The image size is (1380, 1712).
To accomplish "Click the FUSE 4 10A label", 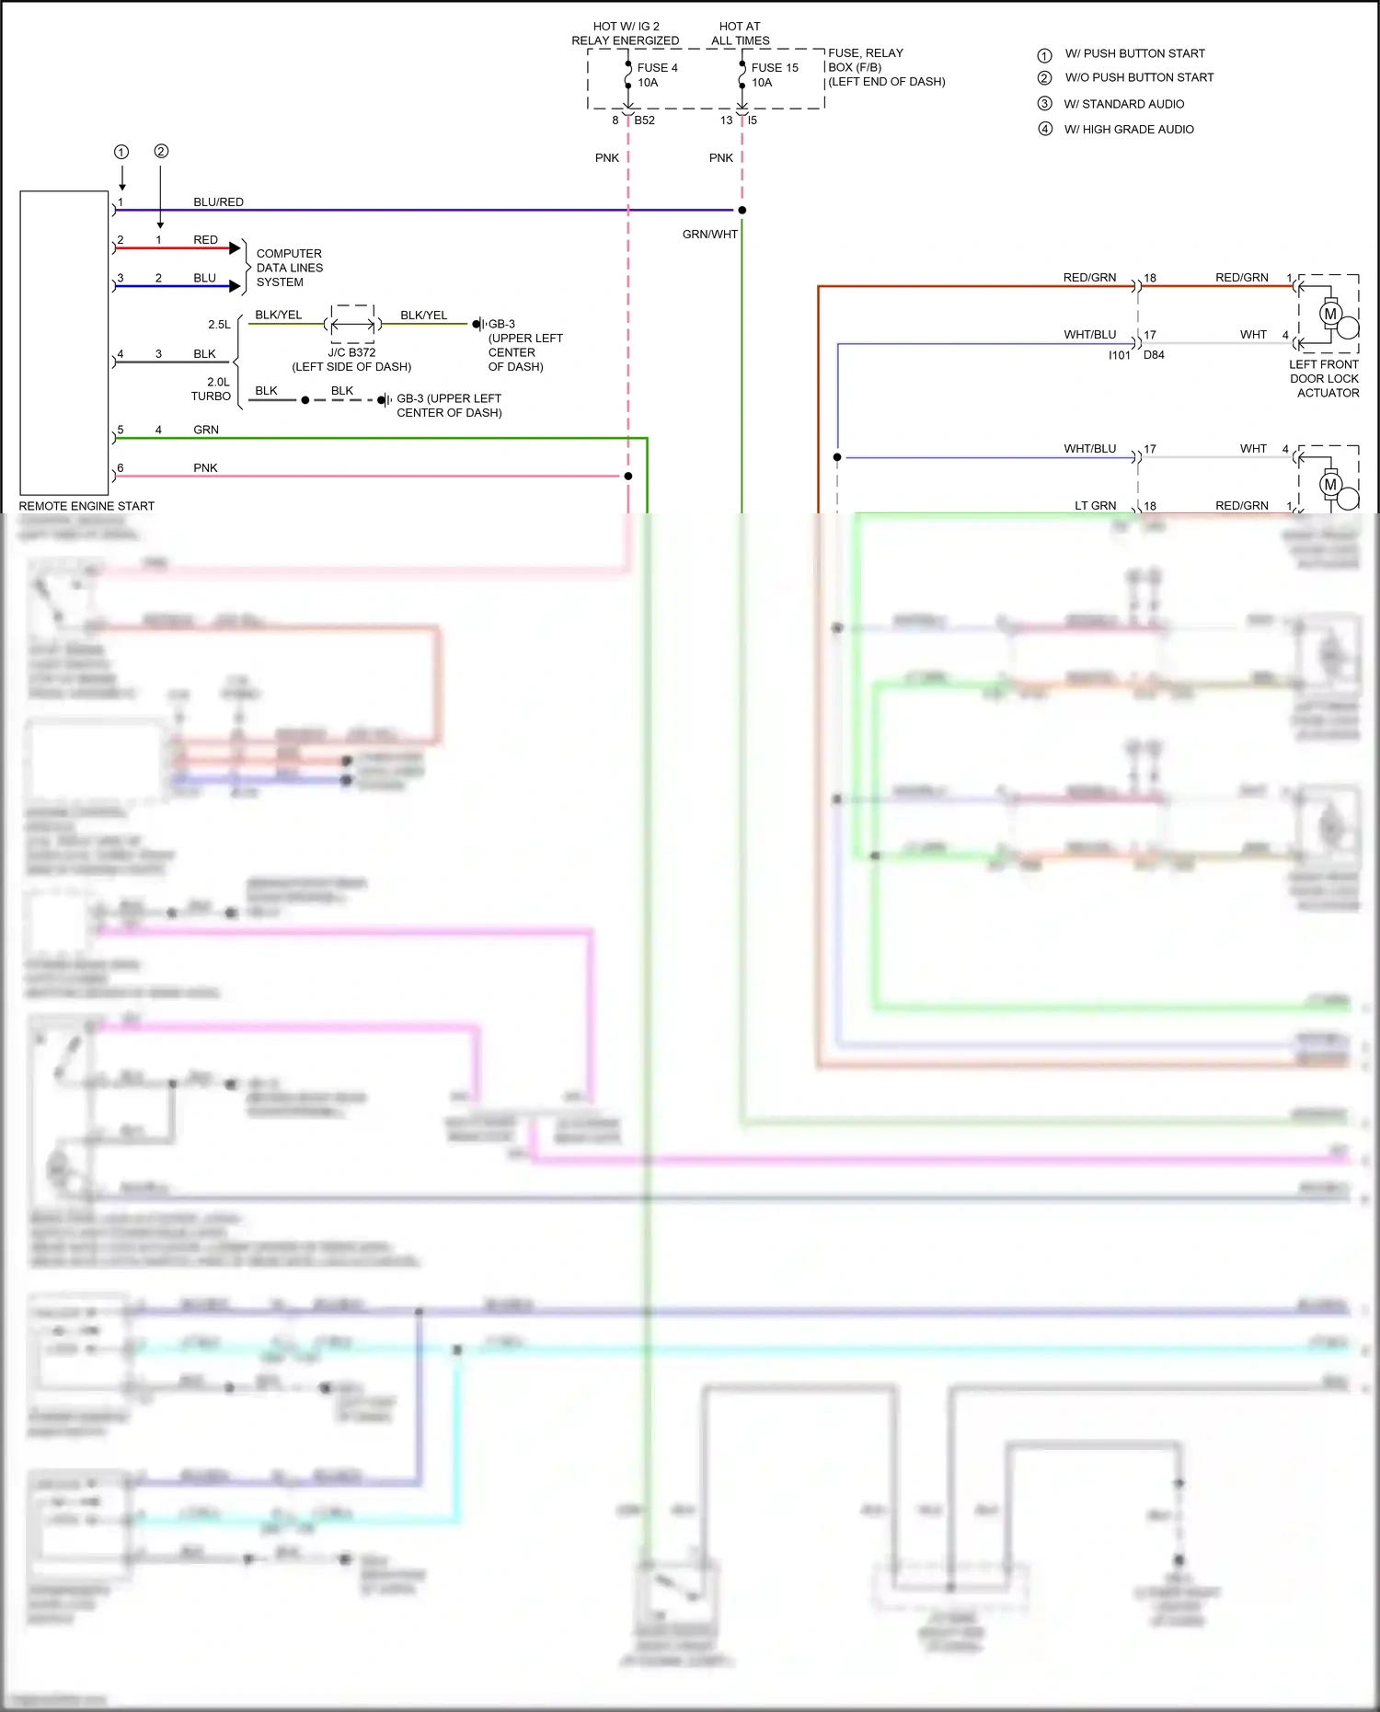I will (657, 75).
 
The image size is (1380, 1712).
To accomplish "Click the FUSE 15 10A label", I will (774, 75).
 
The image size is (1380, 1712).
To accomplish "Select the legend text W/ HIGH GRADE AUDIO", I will (1129, 130).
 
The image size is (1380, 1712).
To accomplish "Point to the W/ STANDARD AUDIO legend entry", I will (1124, 104).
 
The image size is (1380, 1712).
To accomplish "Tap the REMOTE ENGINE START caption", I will (86, 506).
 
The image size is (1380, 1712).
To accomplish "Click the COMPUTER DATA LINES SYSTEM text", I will (289, 268).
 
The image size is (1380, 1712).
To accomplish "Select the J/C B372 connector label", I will (351, 352).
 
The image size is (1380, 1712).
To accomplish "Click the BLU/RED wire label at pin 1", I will (218, 201).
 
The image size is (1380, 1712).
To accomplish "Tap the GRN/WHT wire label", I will (709, 235).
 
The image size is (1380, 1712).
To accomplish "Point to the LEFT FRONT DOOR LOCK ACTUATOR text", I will (1324, 379).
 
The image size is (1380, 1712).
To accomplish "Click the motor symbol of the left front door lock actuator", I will (1329, 314).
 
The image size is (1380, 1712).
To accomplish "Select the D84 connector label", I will (1154, 355).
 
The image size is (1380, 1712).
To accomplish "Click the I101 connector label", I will (1119, 355).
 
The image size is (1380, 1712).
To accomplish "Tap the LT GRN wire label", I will (1095, 506).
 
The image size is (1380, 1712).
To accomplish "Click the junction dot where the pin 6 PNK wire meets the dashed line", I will (628, 477).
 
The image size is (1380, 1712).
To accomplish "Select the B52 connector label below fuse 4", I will (644, 121).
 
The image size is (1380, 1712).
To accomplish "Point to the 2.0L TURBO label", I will (213, 389).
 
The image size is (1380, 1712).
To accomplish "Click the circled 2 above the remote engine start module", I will (161, 151).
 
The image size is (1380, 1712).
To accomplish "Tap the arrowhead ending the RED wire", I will (235, 248).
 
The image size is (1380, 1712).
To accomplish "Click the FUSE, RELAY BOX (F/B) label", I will (885, 67).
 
